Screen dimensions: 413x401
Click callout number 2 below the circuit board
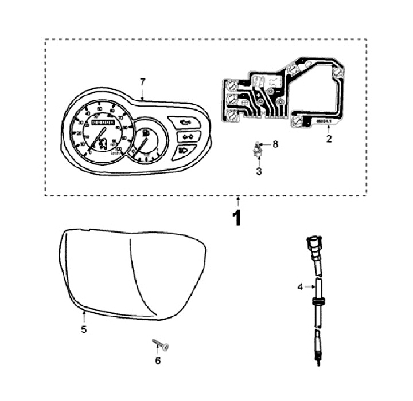329,138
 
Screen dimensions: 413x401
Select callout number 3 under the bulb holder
259,171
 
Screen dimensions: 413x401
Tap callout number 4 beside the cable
299,286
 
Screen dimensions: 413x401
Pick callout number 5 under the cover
83,330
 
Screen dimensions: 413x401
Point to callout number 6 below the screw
158,361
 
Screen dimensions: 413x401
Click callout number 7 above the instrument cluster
143,81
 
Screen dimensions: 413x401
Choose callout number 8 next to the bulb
275,144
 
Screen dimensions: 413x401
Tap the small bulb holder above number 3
258,151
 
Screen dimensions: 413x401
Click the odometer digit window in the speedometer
104,124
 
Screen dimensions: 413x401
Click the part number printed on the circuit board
321,121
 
